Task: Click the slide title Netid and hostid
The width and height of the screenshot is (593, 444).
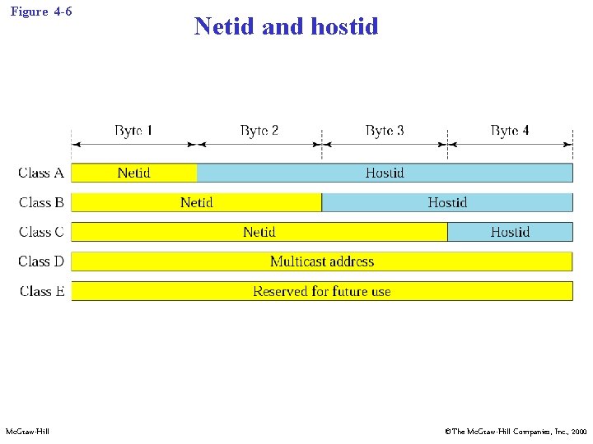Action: coord(286,26)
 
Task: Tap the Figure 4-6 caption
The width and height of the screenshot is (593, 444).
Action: coord(41,12)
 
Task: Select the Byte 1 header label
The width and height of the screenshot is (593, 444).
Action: coord(133,130)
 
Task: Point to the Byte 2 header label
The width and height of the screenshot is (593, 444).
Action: coord(259,130)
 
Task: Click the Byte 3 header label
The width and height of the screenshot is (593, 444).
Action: coord(384,130)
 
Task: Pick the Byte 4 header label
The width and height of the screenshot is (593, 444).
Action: coord(509,130)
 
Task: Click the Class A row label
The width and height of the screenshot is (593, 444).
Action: coord(41,173)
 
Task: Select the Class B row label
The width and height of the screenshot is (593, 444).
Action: coord(41,202)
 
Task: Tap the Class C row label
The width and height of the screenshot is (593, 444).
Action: coord(41,232)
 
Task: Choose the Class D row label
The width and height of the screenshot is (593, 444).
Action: coord(41,261)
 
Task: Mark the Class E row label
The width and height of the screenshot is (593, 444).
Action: coord(41,291)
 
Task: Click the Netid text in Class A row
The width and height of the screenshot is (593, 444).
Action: coord(133,173)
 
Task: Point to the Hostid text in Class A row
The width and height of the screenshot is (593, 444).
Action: coord(385,173)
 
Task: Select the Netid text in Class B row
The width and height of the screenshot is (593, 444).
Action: coord(196,202)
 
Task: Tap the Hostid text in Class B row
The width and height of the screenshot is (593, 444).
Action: coord(447,202)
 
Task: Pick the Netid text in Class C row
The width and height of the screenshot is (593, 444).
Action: coord(259,232)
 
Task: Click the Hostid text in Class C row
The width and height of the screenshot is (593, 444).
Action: coord(510,232)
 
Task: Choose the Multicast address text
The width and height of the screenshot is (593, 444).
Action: coord(322,261)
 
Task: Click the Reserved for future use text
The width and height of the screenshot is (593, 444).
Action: coord(322,291)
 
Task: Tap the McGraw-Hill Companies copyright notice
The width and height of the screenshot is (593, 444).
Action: coord(516,431)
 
